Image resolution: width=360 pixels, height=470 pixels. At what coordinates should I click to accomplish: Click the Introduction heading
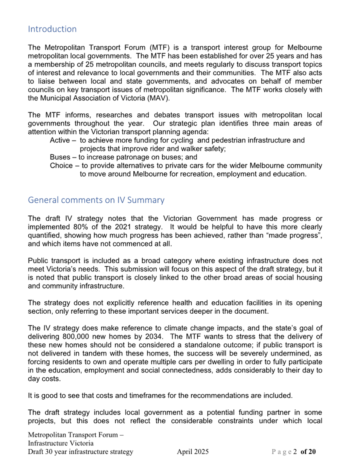(52, 29)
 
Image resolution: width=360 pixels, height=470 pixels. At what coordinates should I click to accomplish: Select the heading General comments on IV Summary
(96, 200)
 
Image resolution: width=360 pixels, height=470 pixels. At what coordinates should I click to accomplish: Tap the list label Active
(59, 140)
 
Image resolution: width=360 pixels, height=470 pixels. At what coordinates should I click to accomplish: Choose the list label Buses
(60, 157)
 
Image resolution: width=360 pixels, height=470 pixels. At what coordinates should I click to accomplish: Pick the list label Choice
(61, 166)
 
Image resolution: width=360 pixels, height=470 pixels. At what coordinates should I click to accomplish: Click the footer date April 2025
(193, 452)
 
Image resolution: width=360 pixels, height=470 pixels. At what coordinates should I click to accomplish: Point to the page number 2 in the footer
(295, 452)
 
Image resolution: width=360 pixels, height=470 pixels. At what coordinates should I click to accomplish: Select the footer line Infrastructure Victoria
(61, 443)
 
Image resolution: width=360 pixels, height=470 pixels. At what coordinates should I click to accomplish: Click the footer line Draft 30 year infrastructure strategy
(81, 452)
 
